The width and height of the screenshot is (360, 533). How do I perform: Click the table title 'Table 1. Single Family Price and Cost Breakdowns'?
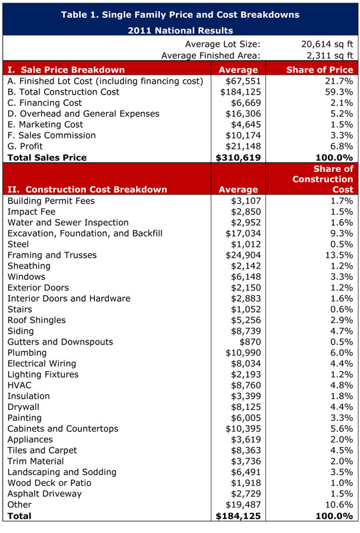tap(180, 14)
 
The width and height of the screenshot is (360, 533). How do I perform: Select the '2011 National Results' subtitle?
tap(180, 30)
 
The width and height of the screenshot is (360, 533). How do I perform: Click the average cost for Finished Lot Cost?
tap(238, 81)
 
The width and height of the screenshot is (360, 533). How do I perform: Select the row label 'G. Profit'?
tap(29, 147)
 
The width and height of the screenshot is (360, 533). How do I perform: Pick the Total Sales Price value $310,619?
tap(238, 158)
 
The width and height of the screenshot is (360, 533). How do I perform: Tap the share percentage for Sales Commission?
tap(338, 135)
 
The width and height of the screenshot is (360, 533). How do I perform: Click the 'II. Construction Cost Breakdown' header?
tap(87, 189)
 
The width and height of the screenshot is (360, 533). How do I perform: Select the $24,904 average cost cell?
tap(238, 255)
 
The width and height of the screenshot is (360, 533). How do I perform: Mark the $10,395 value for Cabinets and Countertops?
tap(238, 428)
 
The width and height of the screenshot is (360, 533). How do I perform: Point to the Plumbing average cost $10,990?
tap(238, 352)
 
